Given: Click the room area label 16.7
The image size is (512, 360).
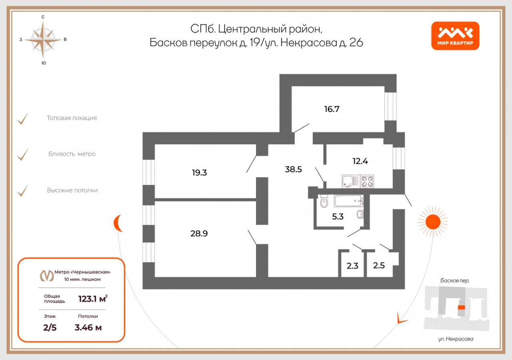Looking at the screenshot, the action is tap(332, 109).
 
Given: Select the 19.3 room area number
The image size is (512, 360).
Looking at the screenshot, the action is tap(199, 172).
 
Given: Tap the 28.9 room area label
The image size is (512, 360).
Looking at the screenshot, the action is tap(199, 233).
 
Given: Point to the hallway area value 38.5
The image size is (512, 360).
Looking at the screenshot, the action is tap(293, 169).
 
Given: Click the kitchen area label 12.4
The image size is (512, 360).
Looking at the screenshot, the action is tap(360, 161).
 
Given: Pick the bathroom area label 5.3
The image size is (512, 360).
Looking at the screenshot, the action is tap(338, 216).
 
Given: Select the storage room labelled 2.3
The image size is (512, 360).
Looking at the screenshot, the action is tap(352, 266).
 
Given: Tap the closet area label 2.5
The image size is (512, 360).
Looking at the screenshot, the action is tap(379, 265).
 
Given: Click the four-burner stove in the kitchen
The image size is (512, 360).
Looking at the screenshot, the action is tap(367, 182).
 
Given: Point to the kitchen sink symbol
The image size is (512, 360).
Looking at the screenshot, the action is tap(351, 182).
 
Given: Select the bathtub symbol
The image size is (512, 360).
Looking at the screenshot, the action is tap(348, 201).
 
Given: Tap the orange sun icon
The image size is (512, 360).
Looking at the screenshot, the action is tap(433, 222).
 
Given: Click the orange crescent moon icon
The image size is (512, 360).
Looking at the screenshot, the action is tap(117, 223).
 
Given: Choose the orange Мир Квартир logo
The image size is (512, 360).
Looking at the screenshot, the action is tap(455, 36).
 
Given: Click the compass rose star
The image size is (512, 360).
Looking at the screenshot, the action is tap(43, 40).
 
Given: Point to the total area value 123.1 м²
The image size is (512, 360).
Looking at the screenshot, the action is tap(93, 299).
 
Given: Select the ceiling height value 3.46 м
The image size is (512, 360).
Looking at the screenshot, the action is tap(88, 328).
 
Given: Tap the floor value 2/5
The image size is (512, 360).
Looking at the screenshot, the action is tap(50, 328).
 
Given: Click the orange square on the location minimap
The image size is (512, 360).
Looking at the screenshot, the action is tap(462, 308).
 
